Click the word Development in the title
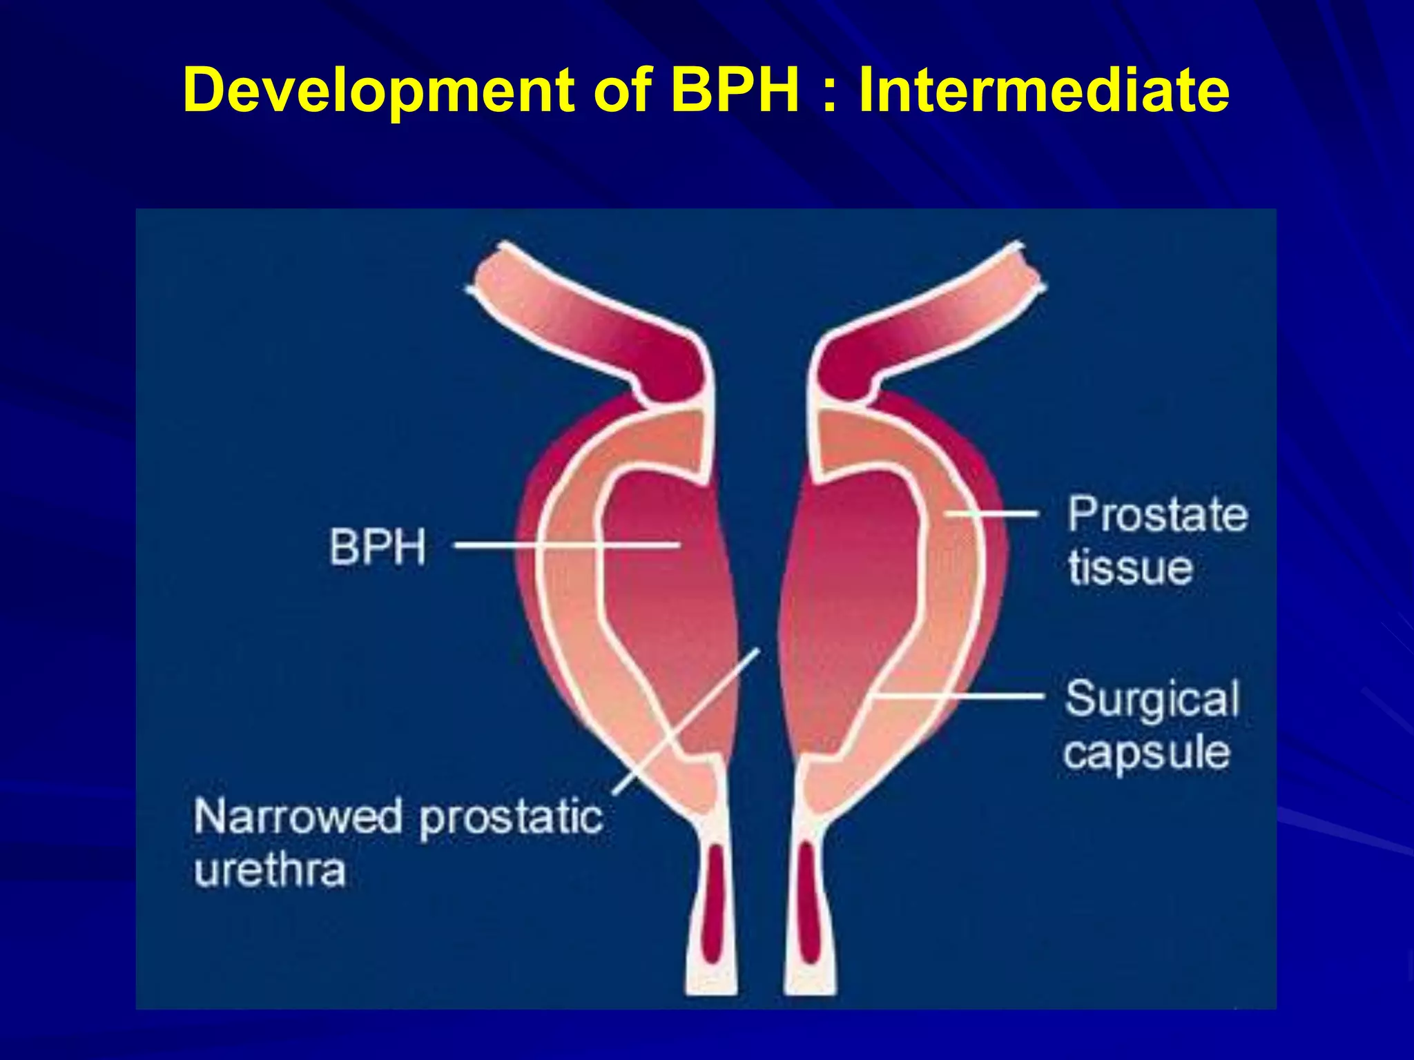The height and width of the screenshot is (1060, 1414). click(378, 91)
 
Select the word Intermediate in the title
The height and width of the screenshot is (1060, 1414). click(1043, 90)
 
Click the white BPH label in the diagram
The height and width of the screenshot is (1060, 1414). click(378, 547)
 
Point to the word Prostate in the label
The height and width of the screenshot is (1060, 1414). click(1158, 515)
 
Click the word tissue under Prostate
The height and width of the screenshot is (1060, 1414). click(1130, 567)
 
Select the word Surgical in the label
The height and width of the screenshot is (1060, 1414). click(1152, 699)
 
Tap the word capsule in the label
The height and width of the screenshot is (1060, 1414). click(1146, 752)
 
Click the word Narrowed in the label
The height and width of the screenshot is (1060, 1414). click(298, 816)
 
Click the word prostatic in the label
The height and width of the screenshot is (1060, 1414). click(511, 818)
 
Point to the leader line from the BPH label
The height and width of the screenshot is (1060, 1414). click(566, 545)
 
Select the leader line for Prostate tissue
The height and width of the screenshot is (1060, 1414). click(991, 513)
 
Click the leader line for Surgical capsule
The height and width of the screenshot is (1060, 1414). click(960, 696)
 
